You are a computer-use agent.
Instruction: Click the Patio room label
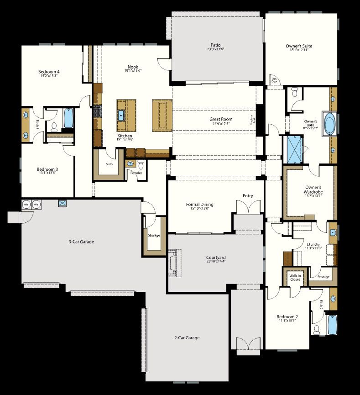point(216,45)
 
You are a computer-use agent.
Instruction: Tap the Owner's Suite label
point(299,46)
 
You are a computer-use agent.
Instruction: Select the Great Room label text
point(221,119)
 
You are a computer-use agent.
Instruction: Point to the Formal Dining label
point(199,205)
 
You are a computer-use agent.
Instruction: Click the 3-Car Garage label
point(78,242)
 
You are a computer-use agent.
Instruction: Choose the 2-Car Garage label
point(187,338)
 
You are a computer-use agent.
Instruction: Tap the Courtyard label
point(216,258)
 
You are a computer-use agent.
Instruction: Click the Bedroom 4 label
point(49,72)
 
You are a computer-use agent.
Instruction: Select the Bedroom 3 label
point(47,169)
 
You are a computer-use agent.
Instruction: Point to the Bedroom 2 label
point(287,317)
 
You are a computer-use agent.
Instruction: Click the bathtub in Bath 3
point(68,118)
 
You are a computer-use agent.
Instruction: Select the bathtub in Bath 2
point(332,324)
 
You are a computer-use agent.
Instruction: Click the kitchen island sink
point(122,115)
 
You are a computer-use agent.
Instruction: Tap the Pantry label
point(110,163)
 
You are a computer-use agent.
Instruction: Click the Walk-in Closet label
point(295,278)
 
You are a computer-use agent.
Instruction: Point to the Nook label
point(133,67)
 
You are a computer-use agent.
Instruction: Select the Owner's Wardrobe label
point(313,190)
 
